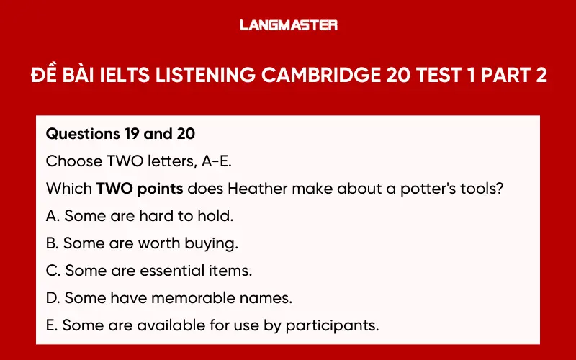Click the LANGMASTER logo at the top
click(288, 25)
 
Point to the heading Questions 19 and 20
click(120, 134)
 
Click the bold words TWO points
click(137, 189)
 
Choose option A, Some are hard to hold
click(140, 216)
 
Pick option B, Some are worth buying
click(142, 243)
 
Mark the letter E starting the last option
click(50, 325)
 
